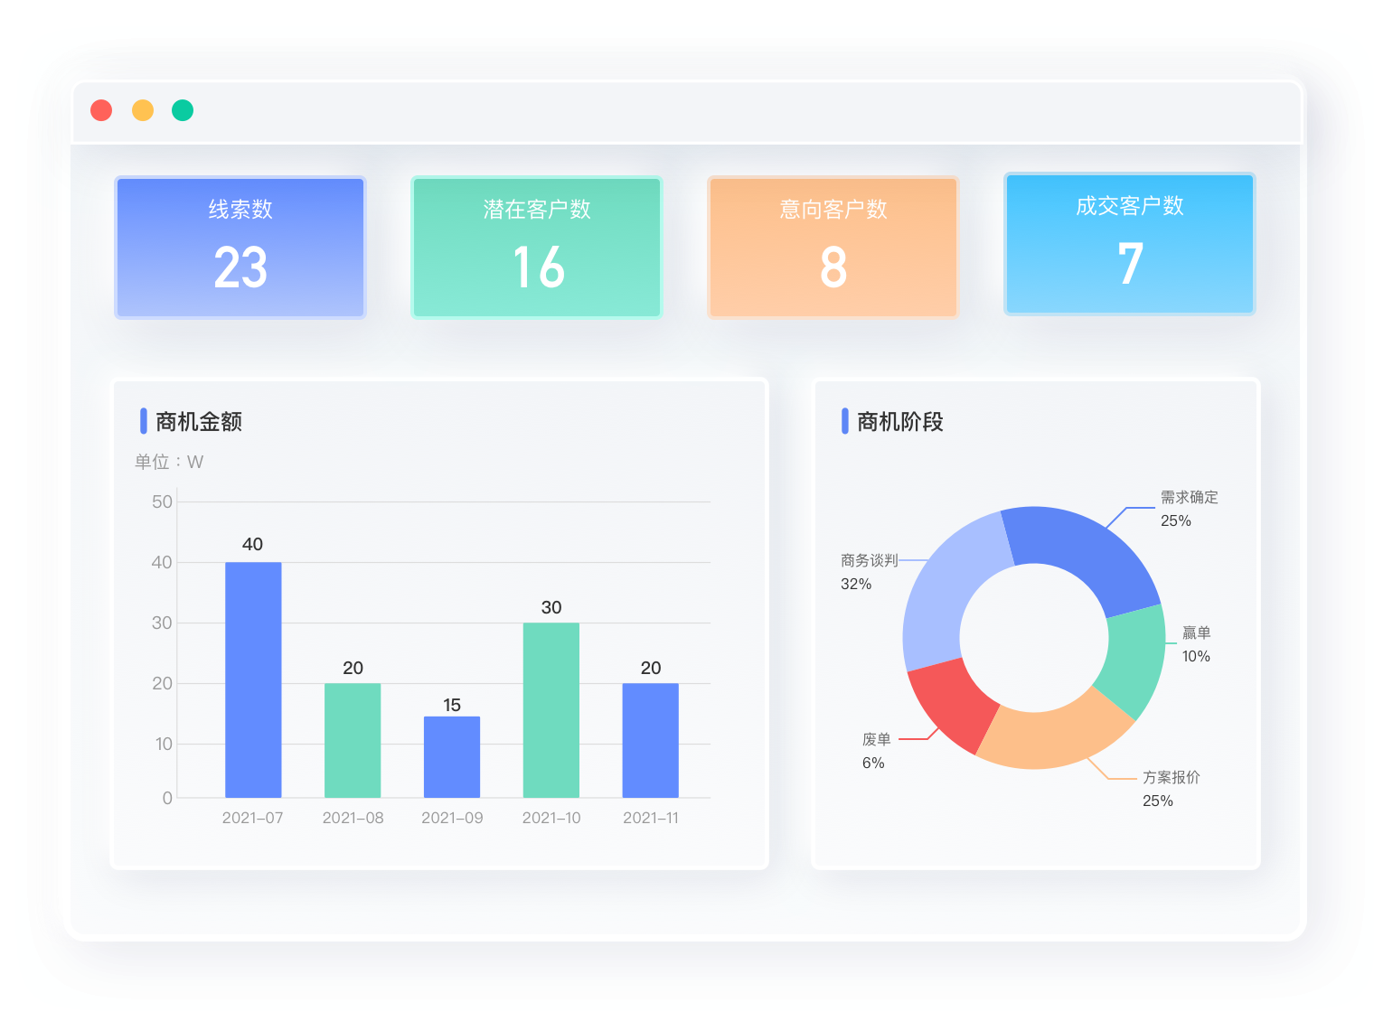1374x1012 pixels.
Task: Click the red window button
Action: [101, 110]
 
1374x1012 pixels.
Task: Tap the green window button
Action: [183, 110]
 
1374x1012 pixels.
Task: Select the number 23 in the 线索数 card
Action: [240, 267]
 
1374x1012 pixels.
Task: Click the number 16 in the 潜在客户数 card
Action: [538, 267]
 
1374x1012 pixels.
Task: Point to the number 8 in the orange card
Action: [833, 267]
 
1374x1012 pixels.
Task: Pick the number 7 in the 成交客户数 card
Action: [1130, 264]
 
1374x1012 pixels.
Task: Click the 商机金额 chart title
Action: [199, 422]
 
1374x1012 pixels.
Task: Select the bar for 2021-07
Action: [253, 679]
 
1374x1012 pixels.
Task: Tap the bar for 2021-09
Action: [452, 757]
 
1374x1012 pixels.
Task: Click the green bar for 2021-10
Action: [551, 710]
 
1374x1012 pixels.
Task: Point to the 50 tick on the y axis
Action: [162, 502]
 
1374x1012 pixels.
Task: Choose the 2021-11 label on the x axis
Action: [651, 818]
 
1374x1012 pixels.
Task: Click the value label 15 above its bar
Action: [452, 705]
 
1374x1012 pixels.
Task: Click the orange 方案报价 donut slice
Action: [1053, 736]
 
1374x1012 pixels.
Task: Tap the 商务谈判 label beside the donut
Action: [869, 561]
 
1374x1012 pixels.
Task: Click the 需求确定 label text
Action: [1189, 498]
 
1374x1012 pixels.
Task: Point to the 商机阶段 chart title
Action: [899, 422]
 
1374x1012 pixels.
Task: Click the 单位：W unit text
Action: [169, 462]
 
